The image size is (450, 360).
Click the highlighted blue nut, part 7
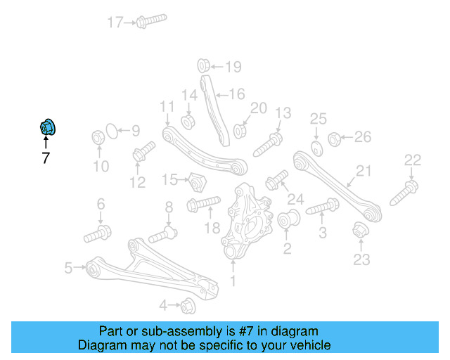tap(48, 127)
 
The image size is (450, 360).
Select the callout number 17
tap(115, 22)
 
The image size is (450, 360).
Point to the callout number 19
tap(233, 67)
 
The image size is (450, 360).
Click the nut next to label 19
tap(201, 66)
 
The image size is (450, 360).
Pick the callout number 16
tap(236, 93)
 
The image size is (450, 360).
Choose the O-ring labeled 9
tap(109, 131)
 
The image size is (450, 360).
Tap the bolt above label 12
tap(142, 153)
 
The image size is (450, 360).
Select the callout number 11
tap(166, 106)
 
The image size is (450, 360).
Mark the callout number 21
tap(363, 171)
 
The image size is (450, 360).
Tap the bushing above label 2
tap(288, 221)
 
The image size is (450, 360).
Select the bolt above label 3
tap(323, 207)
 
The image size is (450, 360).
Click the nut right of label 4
tap(188, 306)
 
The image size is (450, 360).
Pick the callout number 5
tap(68, 267)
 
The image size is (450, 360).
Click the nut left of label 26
tap(335, 138)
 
